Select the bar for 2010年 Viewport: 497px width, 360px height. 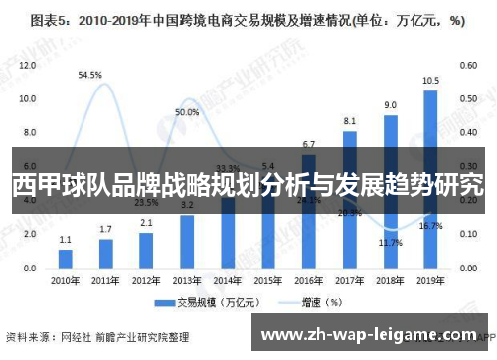click(66, 258)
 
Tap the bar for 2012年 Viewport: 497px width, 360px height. click(146, 250)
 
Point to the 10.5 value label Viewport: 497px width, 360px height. click(430, 81)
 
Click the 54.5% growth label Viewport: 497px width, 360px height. click(90, 74)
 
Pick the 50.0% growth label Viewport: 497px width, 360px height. click(187, 112)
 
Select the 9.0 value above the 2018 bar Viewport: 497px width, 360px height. click(391, 104)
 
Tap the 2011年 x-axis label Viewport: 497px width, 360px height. click(106, 279)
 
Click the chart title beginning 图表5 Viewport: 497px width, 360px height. click(248, 19)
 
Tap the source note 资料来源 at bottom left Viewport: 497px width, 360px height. click(83, 336)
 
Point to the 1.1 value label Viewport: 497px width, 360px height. click(66, 239)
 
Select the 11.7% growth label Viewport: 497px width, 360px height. click(391, 242)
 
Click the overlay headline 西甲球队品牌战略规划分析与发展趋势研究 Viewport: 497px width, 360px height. click(248, 184)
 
